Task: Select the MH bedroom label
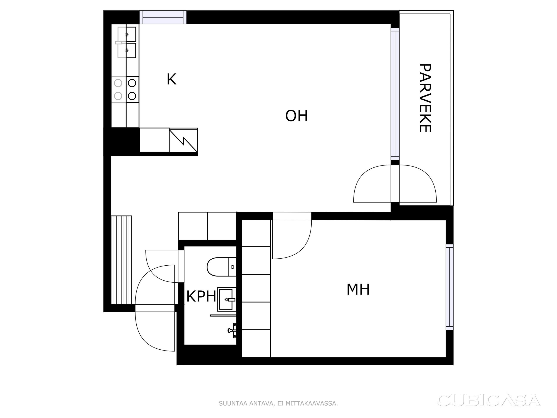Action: tap(358, 290)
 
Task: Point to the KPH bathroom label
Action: tap(201, 296)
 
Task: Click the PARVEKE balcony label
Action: tap(425, 98)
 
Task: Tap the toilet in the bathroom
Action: tap(221, 267)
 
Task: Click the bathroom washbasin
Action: tap(227, 299)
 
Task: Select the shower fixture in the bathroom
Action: tap(232, 330)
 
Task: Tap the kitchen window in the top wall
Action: tap(163, 17)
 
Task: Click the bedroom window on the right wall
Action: tap(450, 287)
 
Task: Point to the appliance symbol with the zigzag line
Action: tap(183, 140)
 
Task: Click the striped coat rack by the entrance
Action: tap(121, 260)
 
